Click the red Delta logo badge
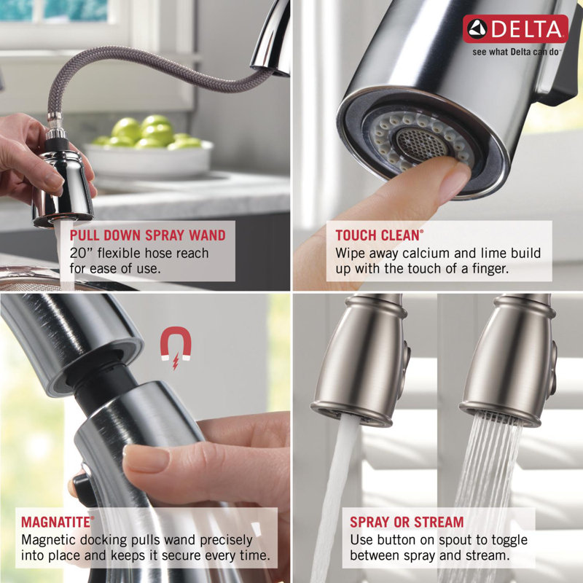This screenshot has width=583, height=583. click(515, 28)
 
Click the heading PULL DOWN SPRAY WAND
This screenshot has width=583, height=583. click(147, 235)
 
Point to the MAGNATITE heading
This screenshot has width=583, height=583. click(58, 522)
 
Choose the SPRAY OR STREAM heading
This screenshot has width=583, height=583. click(406, 522)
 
